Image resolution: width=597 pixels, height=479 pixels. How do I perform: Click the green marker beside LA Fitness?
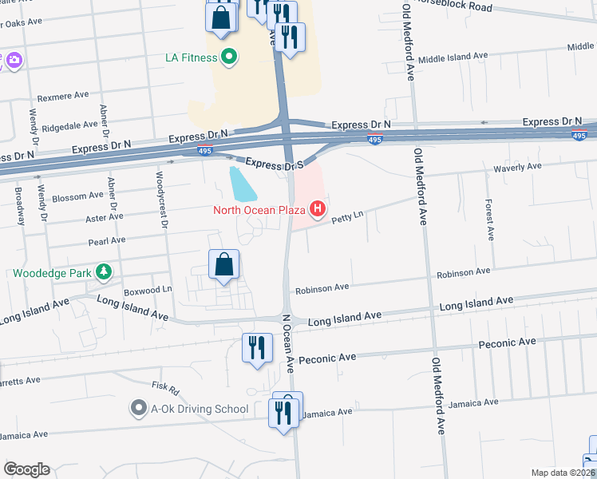click(x=230, y=57)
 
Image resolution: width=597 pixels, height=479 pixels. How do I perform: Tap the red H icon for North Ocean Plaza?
click(x=318, y=210)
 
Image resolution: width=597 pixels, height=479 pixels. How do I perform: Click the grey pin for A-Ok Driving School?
click(x=140, y=409)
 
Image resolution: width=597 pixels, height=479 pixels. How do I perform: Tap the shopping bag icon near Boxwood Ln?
click(x=224, y=265)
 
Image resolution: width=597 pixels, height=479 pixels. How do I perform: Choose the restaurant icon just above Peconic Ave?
click(x=256, y=348)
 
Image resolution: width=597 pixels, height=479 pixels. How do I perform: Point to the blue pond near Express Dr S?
click(x=243, y=184)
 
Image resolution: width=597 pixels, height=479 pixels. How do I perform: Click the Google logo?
click(x=26, y=469)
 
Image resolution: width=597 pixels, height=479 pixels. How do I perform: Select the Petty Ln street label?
click(x=347, y=216)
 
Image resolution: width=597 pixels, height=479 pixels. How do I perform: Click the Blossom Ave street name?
click(x=77, y=195)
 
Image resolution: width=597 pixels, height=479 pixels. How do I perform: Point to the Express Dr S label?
click(x=274, y=164)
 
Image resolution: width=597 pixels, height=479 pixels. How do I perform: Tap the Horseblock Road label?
click(x=459, y=6)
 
